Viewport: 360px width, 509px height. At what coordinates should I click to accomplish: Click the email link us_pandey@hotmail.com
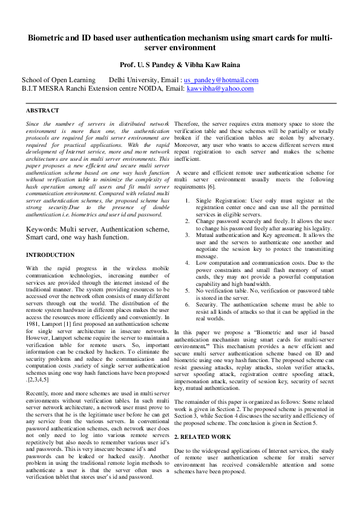(221, 80)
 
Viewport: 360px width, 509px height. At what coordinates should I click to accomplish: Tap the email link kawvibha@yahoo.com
(220, 89)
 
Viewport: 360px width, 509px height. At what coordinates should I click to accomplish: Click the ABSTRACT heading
(42, 111)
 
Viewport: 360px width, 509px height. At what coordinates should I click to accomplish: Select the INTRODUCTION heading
(50, 255)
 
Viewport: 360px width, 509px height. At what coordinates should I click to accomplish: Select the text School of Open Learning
(59, 80)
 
